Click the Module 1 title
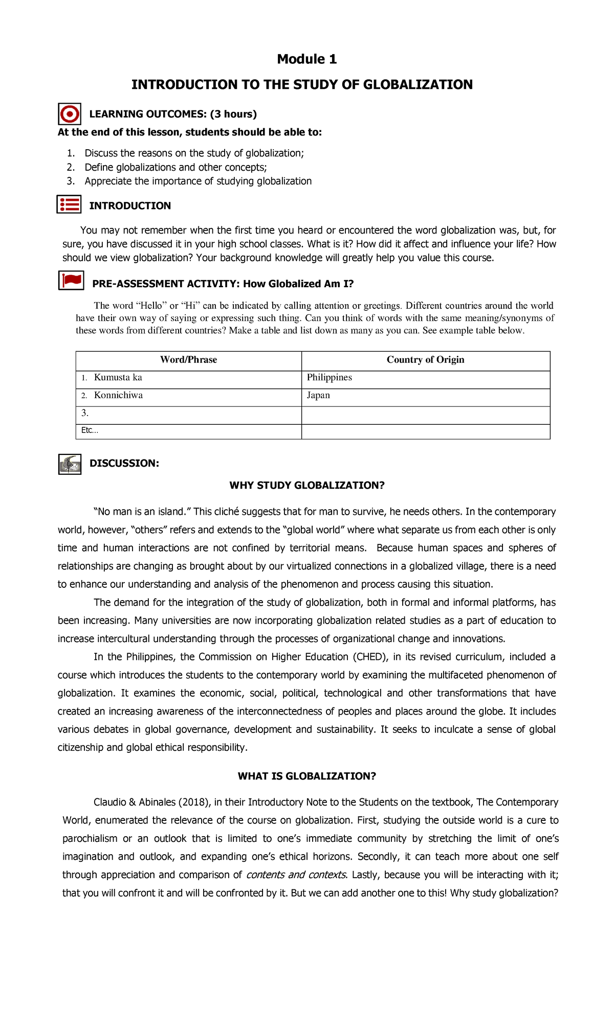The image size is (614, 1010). [306, 59]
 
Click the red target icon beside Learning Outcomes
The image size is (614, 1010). [70, 113]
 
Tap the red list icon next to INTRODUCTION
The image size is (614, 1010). [69, 204]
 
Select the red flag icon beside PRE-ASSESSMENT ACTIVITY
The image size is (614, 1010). [71, 281]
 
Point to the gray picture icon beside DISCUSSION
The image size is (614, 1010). [70, 464]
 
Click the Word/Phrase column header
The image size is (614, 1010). [188, 360]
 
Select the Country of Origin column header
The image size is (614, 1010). [425, 360]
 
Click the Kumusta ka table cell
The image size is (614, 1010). [118, 378]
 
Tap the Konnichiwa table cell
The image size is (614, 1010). [118, 396]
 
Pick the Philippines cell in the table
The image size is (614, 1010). [330, 378]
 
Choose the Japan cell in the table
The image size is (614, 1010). [318, 396]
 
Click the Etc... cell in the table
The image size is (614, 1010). [90, 430]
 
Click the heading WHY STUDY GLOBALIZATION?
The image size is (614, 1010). [306, 486]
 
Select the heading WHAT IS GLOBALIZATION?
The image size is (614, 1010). [306, 776]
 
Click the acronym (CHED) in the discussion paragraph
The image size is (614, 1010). [369, 657]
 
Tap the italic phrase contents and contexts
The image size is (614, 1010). [296, 875]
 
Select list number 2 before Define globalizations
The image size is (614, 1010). [71, 167]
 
